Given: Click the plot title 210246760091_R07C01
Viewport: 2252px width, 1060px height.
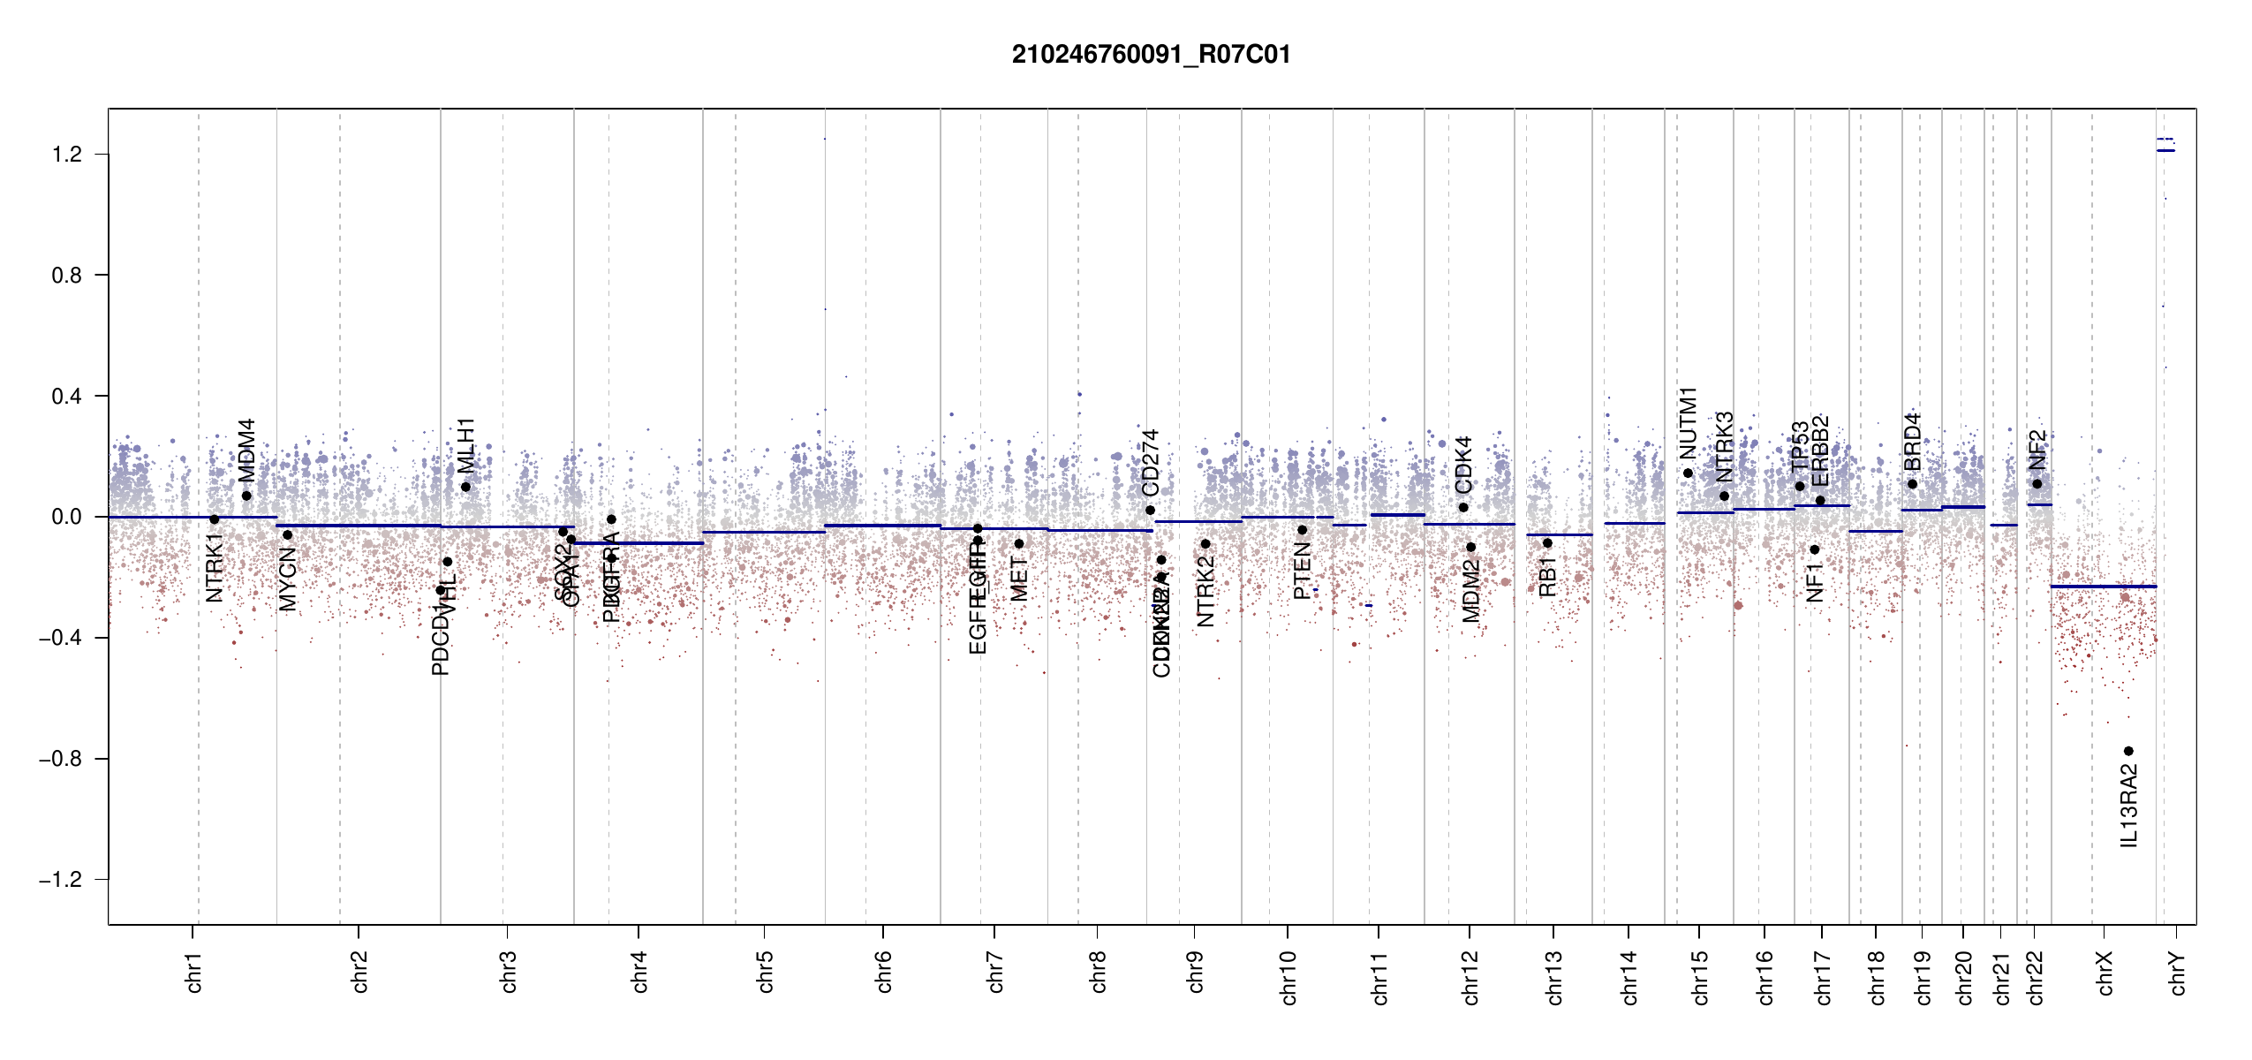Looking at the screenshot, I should click(1151, 55).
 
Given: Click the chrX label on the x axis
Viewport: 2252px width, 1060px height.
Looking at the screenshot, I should click(2105, 973).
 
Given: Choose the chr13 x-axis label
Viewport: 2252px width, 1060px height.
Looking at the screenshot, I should click(1554, 977).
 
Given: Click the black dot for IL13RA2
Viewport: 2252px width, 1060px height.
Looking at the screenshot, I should click(2128, 751).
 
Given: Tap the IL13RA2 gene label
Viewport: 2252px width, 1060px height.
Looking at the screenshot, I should click(2129, 806).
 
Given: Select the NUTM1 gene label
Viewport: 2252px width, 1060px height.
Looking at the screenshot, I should click(1689, 423).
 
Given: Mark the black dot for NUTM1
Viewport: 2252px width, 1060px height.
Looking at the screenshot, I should click(1689, 473).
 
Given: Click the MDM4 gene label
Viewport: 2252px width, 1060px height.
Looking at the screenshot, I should click(246, 450).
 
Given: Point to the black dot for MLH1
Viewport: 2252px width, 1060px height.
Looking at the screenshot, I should click(465, 487).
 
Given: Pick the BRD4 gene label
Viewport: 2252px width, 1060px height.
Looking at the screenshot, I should click(1912, 442).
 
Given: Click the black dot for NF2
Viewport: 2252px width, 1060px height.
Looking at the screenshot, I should click(2037, 483).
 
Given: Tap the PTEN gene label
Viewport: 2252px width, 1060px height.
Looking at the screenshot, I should click(1302, 572).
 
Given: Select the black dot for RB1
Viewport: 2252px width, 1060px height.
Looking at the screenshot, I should click(1547, 543).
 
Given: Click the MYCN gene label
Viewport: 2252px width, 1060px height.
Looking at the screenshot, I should click(288, 579).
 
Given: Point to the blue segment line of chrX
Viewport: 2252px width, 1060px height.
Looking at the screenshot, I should click(2103, 587).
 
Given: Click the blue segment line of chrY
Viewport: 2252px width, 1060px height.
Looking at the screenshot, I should click(2165, 150).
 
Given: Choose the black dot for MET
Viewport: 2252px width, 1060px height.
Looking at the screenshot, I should click(1019, 543).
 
